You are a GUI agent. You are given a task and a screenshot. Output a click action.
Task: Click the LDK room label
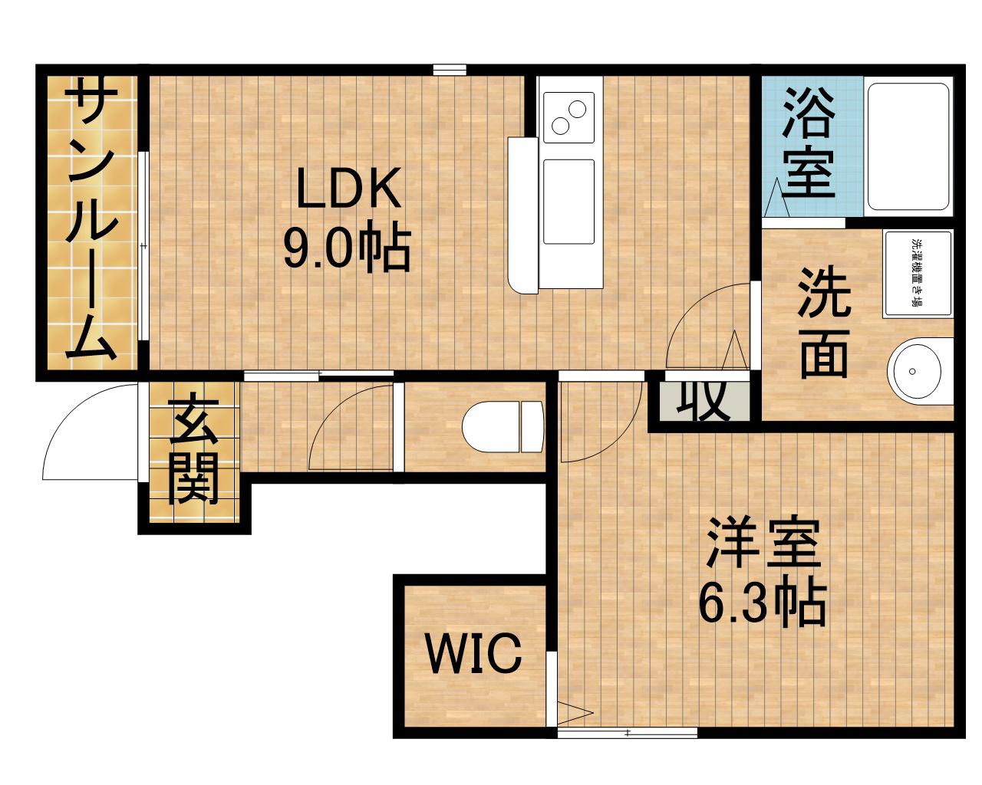(349, 189)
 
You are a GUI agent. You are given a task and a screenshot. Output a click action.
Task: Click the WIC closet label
(474, 654)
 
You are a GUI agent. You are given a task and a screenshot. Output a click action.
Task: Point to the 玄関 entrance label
(193, 452)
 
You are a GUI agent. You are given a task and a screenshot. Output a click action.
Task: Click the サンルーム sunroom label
(91, 222)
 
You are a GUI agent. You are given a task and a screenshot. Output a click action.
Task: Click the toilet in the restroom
(502, 426)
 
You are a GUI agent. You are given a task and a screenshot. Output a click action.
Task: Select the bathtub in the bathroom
(908, 146)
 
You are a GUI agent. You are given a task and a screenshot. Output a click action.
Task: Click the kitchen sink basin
(568, 202)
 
